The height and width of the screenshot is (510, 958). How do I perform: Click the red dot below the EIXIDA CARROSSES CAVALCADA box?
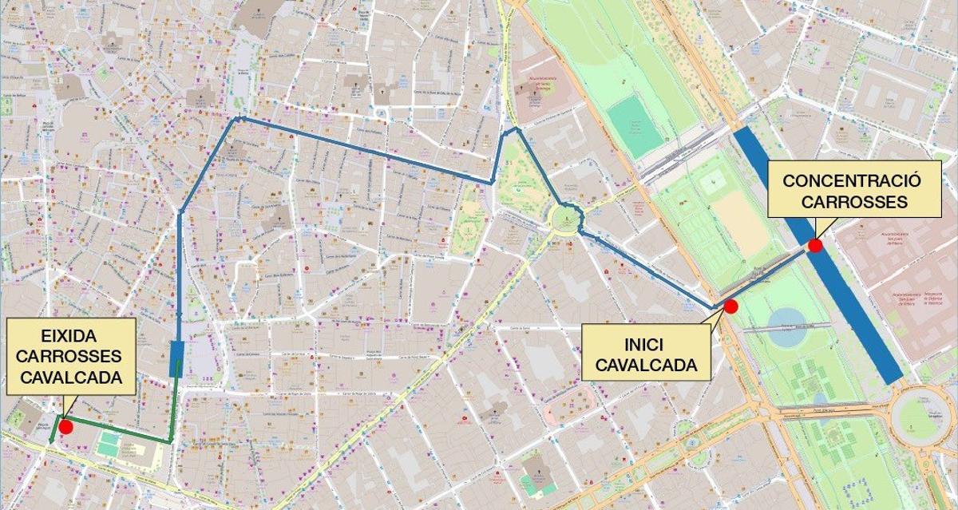pyautogui.click(x=66, y=426)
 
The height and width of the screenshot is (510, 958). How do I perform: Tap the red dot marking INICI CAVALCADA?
pyautogui.click(x=730, y=306)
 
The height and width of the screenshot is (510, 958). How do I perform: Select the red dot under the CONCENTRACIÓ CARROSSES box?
pyautogui.click(x=815, y=245)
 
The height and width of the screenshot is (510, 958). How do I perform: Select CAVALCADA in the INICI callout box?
pyautogui.click(x=644, y=367)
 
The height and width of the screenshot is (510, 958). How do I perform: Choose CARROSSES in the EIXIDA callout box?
pyautogui.click(x=71, y=357)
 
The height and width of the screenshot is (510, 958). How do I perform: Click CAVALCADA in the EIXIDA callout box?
pyautogui.click(x=71, y=377)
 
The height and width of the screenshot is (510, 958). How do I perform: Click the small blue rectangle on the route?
pyautogui.click(x=177, y=358)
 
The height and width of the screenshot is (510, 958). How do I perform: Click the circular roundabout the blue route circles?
pyautogui.click(x=566, y=217)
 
